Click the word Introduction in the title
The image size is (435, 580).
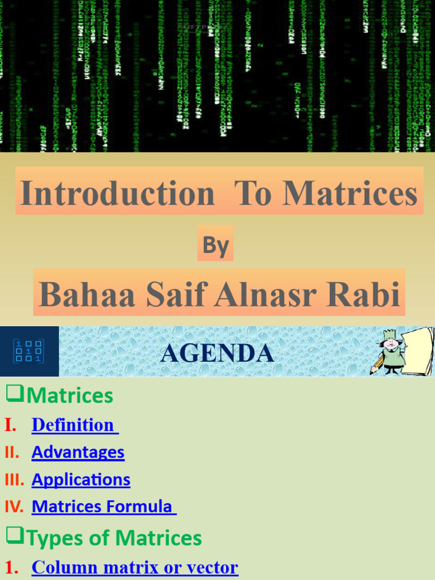pyautogui.click(x=117, y=193)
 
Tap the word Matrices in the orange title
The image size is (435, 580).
pyautogui.click(x=349, y=193)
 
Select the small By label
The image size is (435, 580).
pyautogui.click(x=216, y=246)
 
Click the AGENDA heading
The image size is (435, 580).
pyautogui.click(x=217, y=353)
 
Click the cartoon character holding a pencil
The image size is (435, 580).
pyautogui.click(x=391, y=352)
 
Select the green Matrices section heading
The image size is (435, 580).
pyautogui.click(x=70, y=395)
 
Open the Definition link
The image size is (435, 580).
pyautogui.click(x=74, y=425)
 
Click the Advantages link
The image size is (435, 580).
pyautogui.click(x=78, y=452)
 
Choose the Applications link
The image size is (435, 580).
pyautogui.click(x=81, y=480)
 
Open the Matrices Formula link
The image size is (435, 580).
pyautogui.click(x=103, y=506)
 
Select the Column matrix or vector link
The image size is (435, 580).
pyautogui.click(x=135, y=567)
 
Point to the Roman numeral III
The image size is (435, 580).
pyautogui.click(x=14, y=480)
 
